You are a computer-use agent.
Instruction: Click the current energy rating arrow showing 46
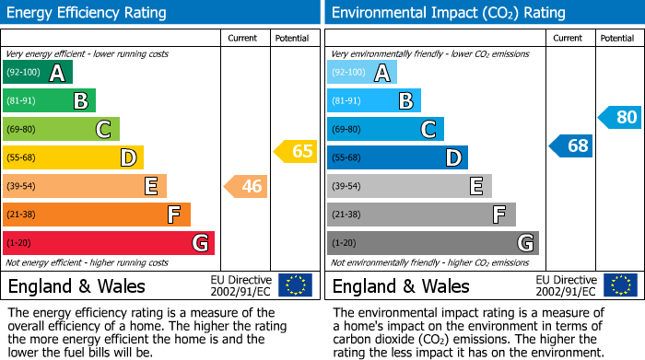pyautogui.click(x=246, y=187)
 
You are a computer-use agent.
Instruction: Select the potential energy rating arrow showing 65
pyautogui.click(x=296, y=151)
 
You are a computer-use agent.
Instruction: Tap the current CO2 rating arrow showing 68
pyautogui.click(x=571, y=145)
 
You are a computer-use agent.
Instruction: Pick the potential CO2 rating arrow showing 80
pyautogui.click(x=620, y=117)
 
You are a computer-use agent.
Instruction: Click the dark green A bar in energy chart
pyautogui.click(x=38, y=73)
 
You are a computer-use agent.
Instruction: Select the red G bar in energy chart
pyautogui.click(x=109, y=243)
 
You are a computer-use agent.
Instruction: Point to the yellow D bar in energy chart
pyautogui.click(x=73, y=157)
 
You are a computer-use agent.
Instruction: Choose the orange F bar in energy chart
pyautogui.click(x=97, y=215)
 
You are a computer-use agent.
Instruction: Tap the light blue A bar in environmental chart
pyautogui.click(x=362, y=73)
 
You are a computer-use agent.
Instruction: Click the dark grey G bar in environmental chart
pyautogui.click(x=433, y=243)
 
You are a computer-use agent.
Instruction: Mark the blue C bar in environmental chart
pyautogui.click(x=386, y=129)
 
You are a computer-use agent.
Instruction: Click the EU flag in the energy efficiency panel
pyautogui.click(x=295, y=285)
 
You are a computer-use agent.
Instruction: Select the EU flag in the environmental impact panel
pyautogui.click(x=620, y=285)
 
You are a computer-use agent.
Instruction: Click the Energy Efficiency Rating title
pyautogui.click(x=88, y=13)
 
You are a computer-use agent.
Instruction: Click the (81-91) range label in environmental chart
pyautogui.click(x=346, y=101)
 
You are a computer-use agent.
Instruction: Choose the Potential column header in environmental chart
pyautogui.click(x=617, y=38)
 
